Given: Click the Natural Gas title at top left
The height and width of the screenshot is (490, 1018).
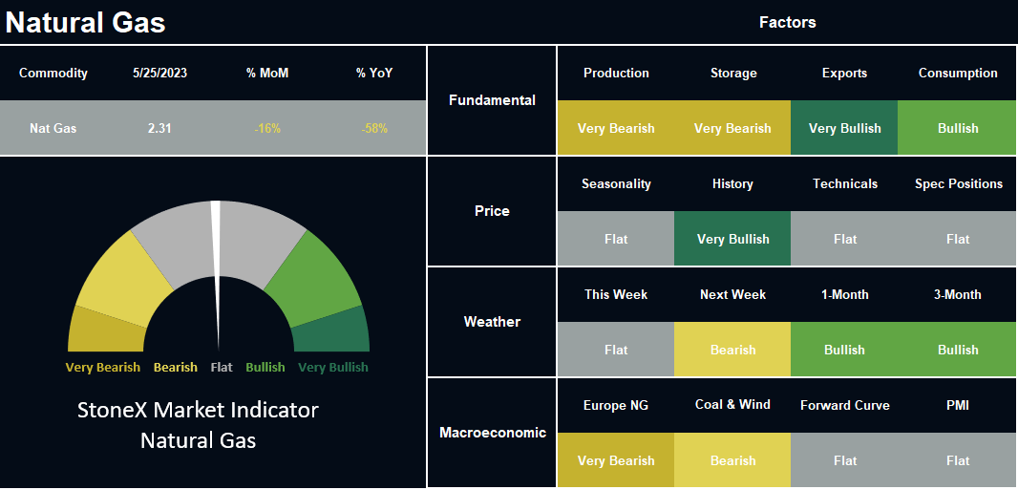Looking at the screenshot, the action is click(85, 23).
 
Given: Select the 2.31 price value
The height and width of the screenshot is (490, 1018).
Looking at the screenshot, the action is click(159, 129).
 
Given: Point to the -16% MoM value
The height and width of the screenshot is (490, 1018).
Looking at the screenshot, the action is click(267, 129).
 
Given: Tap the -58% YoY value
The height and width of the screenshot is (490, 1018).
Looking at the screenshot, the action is click(374, 129).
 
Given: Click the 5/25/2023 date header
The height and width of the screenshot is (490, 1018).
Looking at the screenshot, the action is click(159, 74).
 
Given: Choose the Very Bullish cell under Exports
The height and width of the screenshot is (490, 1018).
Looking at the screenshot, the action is click(844, 128).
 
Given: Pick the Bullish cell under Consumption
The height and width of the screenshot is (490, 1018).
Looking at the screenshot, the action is click(957, 128).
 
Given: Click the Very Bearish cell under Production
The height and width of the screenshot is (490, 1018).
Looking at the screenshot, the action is click(615, 128).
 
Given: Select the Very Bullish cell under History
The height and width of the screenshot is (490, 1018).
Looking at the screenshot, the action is click(732, 238).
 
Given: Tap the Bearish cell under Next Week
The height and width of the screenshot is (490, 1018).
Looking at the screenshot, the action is click(732, 350).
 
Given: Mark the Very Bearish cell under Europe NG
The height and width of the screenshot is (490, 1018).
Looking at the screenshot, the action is click(615, 460).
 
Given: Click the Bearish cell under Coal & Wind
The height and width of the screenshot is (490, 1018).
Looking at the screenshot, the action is click(732, 460).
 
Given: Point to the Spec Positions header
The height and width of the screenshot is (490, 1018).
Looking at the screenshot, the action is click(958, 184).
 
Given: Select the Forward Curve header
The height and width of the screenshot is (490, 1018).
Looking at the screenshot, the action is click(844, 406).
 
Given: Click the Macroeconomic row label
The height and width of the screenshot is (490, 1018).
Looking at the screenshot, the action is click(493, 433).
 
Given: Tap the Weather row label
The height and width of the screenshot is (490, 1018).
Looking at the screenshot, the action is click(492, 322).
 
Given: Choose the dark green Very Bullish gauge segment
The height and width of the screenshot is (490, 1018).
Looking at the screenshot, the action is click(332, 331).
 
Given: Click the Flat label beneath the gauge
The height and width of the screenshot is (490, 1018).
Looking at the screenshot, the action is click(222, 368).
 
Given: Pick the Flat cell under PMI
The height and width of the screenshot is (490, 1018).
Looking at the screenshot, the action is click(957, 460).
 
